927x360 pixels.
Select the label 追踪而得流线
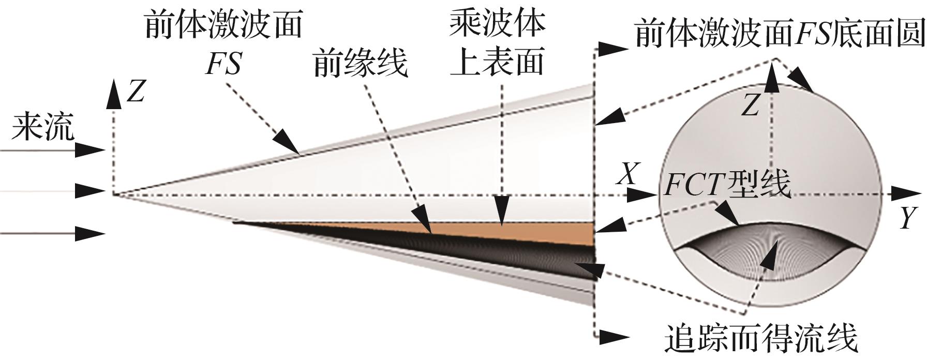760,339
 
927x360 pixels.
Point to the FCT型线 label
727,184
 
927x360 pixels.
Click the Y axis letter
908,218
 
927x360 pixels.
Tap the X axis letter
628,174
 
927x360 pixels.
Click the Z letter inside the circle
750,107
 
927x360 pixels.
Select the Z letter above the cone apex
135,92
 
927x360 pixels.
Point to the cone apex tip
114,194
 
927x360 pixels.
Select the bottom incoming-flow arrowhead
91,233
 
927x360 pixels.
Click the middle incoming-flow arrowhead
91,191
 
